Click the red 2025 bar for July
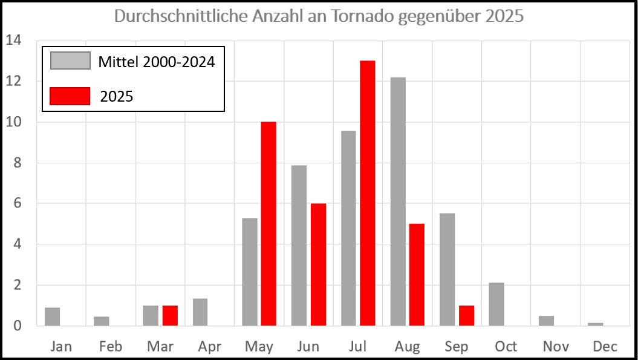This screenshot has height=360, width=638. (368, 194)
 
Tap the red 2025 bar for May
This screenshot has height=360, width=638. (269, 224)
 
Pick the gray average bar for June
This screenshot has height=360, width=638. (299, 246)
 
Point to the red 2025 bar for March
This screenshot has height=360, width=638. (170, 316)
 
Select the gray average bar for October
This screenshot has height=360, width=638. (496, 304)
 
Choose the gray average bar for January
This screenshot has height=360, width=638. (53, 316)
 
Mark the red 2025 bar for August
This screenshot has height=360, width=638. (417, 275)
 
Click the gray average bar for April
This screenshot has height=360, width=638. (200, 312)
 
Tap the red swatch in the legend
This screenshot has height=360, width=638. (70, 96)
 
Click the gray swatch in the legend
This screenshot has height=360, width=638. (70, 61)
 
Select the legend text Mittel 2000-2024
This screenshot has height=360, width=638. (156, 62)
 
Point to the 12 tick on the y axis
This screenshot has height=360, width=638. (13, 81)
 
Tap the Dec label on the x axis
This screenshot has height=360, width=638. (605, 347)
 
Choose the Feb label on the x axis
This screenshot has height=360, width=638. (111, 347)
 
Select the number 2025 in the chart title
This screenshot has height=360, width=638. (504, 16)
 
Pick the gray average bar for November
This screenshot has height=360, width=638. (546, 321)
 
